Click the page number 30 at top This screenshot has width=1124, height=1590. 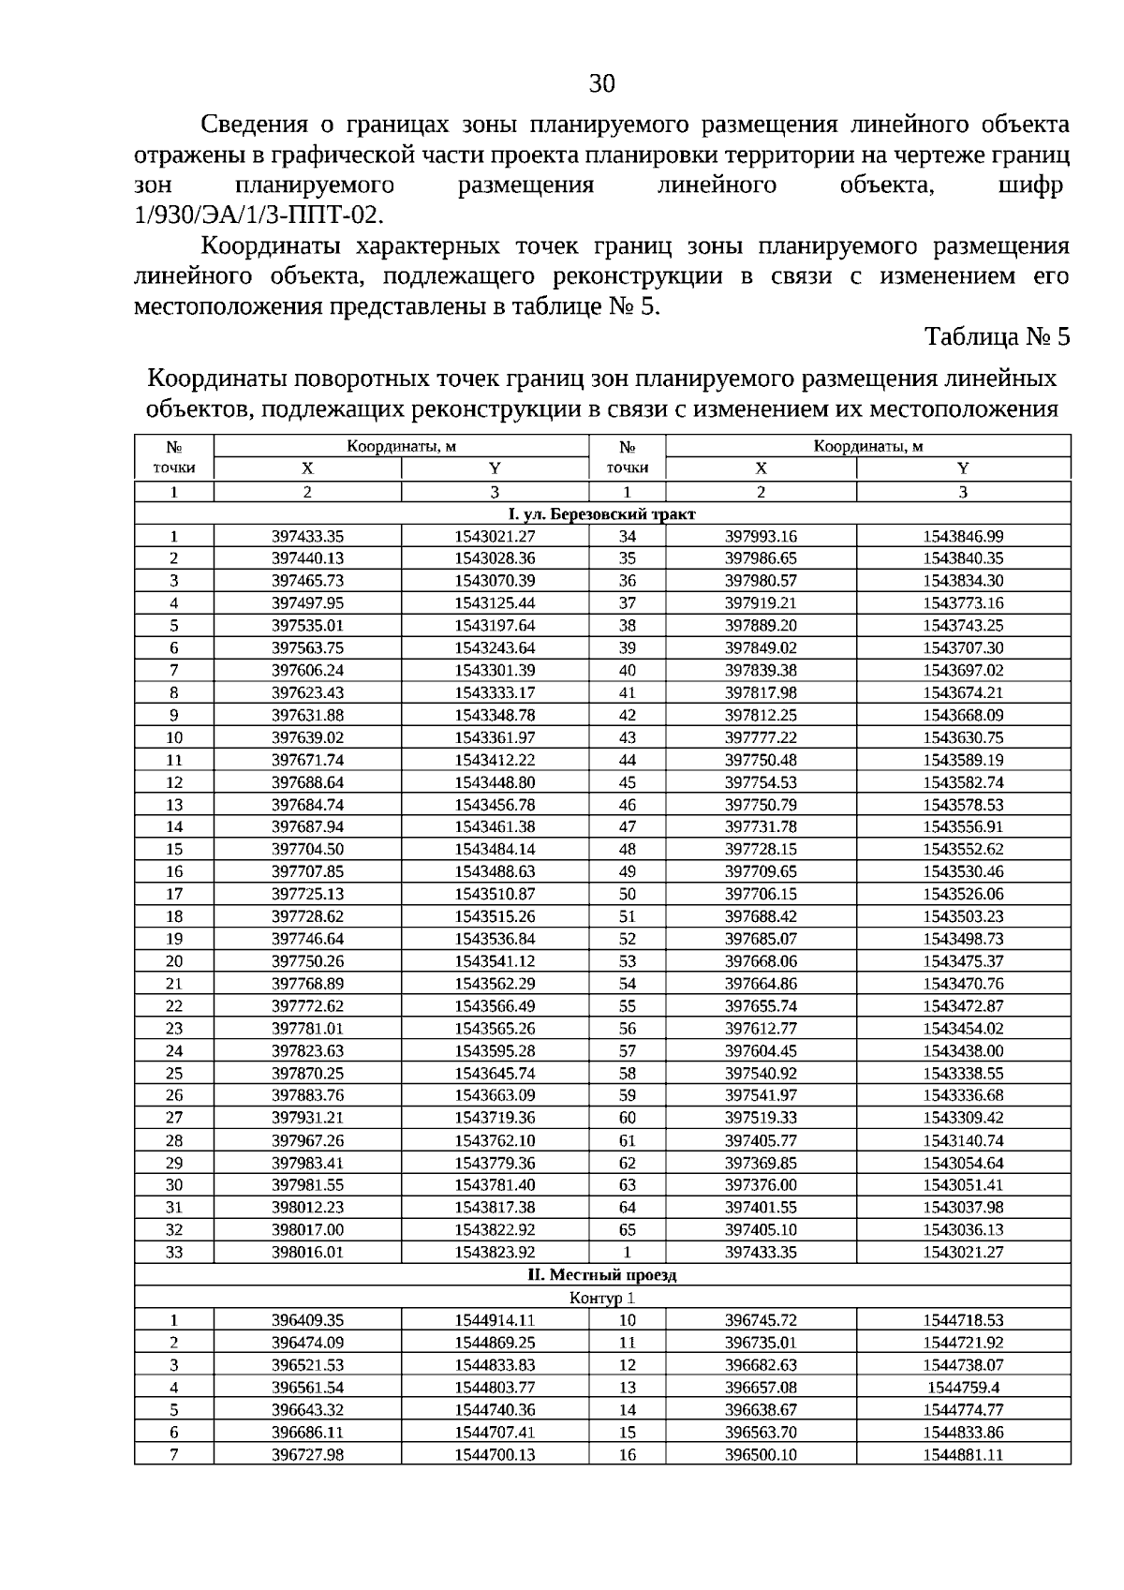pyautogui.click(x=602, y=84)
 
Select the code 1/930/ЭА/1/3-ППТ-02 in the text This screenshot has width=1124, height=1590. pyautogui.click(x=259, y=215)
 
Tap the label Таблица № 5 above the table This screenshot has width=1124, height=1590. pyautogui.click(x=997, y=336)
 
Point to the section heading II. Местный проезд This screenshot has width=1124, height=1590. pyautogui.click(x=601, y=1275)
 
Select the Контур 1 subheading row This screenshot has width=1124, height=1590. pyautogui.click(x=601, y=1298)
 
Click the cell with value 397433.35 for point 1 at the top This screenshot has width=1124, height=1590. pyautogui.click(x=307, y=537)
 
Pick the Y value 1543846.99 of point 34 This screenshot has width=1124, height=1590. pyautogui.click(x=963, y=537)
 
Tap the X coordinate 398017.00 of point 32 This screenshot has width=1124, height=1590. pyautogui.click(x=307, y=1230)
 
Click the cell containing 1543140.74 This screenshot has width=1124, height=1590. pyautogui.click(x=963, y=1141)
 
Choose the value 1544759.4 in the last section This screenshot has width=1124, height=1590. pyautogui.click(x=963, y=1388)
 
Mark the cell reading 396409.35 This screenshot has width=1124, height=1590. pyautogui.click(x=307, y=1320)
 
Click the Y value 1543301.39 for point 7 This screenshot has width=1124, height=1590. pyautogui.click(x=495, y=671)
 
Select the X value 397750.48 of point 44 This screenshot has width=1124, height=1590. pyautogui.click(x=761, y=760)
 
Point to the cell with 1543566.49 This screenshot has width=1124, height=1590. pyautogui.click(x=495, y=1006)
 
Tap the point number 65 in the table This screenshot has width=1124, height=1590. pyautogui.click(x=627, y=1230)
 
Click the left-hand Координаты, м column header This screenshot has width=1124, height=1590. pyautogui.click(x=401, y=447)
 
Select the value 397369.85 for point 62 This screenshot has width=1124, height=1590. pyautogui.click(x=761, y=1164)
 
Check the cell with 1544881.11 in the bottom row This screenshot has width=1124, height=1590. pyautogui.click(x=963, y=1455)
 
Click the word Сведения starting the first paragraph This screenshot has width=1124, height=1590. pyautogui.click(x=255, y=125)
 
